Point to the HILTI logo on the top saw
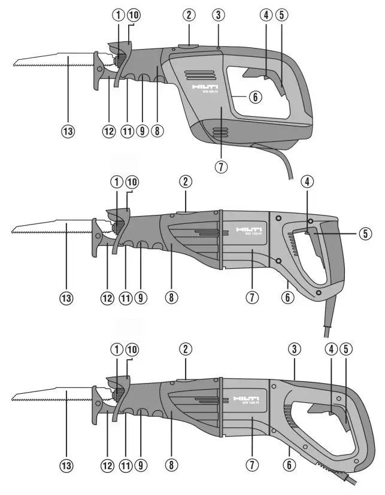(x=204, y=88)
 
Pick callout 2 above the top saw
(x=190, y=14)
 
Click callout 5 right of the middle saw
(x=363, y=234)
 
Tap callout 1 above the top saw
(x=117, y=14)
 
